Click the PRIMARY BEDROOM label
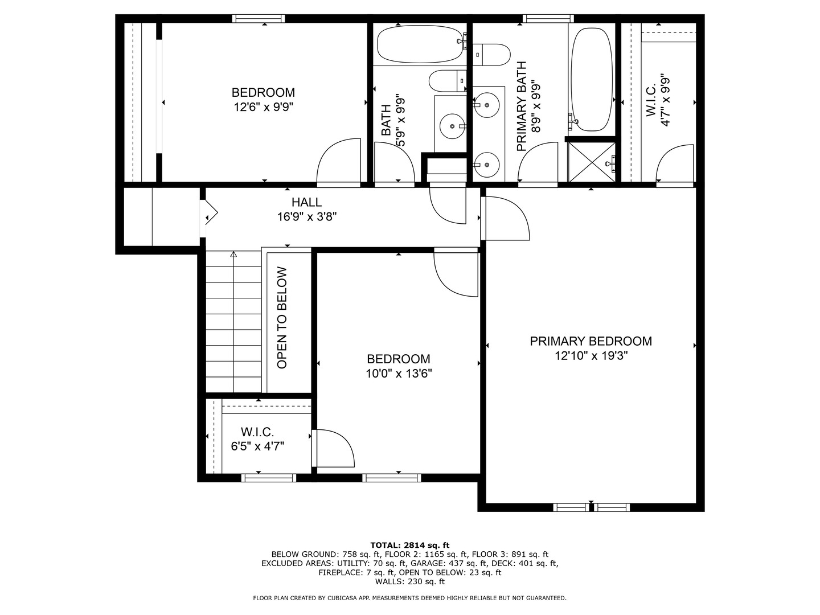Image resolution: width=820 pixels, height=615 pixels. [x=591, y=341]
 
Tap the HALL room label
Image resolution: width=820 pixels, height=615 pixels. [x=306, y=202]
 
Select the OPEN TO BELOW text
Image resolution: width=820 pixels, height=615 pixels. [x=282, y=318]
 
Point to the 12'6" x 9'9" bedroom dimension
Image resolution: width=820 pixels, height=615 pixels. [x=264, y=107]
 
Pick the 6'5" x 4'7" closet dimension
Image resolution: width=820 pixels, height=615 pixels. [x=257, y=446]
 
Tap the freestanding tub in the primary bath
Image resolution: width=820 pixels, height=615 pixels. [x=592, y=79]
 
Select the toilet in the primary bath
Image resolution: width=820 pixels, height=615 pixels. [x=491, y=55]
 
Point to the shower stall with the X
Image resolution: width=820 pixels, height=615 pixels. [x=592, y=162]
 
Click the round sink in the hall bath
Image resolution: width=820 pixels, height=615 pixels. [x=452, y=126]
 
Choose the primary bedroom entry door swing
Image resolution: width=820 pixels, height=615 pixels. [x=505, y=219]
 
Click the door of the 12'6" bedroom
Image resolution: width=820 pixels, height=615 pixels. [x=338, y=162]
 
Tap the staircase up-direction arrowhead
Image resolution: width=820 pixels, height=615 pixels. [x=233, y=255]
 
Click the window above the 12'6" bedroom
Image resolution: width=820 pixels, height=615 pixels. [x=258, y=18]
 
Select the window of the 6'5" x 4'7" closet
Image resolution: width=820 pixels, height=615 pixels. [x=269, y=478]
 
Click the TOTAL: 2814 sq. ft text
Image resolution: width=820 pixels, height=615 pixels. [x=410, y=545]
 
